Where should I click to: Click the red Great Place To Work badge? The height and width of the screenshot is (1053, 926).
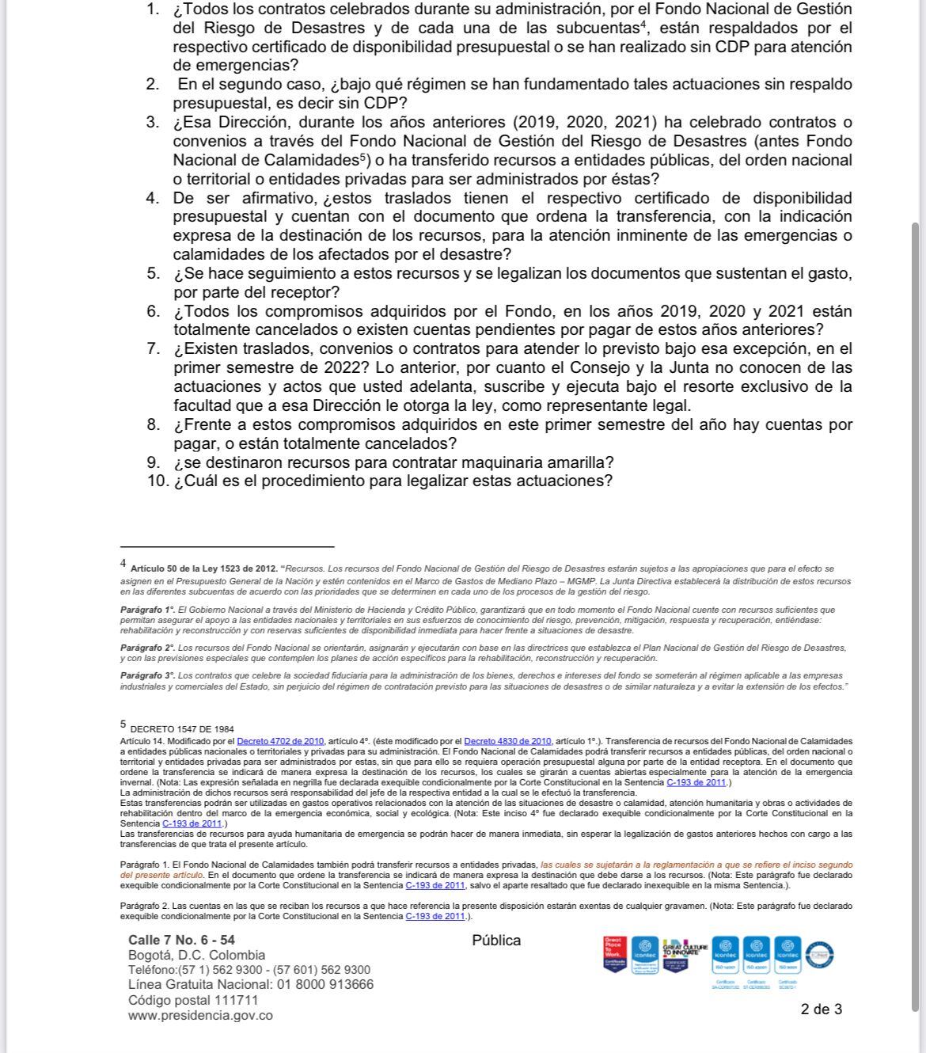tap(615, 954)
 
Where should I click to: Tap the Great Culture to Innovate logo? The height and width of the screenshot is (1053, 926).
tap(681, 952)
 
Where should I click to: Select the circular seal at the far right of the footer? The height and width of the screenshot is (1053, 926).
tap(820, 953)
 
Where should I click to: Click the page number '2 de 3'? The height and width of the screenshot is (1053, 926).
tap(822, 1009)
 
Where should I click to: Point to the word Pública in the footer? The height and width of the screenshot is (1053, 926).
tap(496, 941)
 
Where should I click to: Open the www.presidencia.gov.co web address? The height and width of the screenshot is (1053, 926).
tap(200, 1016)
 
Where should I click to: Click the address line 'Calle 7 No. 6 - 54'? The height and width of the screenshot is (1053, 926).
tap(181, 940)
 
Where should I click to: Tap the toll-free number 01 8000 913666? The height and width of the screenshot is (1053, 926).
tap(324, 985)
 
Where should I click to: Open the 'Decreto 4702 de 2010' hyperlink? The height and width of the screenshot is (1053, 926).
tap(280, 741)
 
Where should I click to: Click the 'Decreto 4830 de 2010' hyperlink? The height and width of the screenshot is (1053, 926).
tap(507, 741)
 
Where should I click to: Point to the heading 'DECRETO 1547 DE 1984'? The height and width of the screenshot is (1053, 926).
tap(182, 729)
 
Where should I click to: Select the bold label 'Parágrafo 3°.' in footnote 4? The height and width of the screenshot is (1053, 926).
tap(148, 675)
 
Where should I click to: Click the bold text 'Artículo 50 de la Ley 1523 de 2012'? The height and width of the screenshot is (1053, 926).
tap(203, 568)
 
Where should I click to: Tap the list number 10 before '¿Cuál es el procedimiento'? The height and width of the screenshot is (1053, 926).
tap(157, 481)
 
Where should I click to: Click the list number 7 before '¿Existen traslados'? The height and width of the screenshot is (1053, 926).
tap(154, 349)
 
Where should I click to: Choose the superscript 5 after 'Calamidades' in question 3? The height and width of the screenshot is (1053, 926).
tap(362, 156)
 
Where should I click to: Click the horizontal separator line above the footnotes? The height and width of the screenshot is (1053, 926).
tap(227, 546)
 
